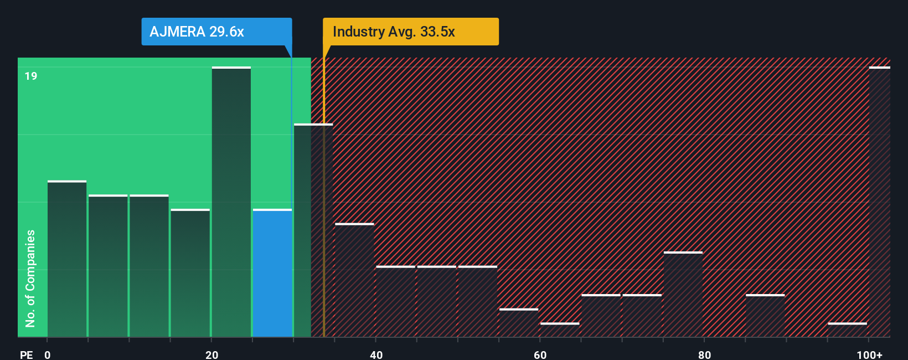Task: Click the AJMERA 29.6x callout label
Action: coord(216,32)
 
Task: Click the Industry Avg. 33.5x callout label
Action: coord(410,32)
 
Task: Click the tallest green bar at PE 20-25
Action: coord(231,202)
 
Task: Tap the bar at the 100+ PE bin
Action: coord(879,202)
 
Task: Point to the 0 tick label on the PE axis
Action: coord(48,354)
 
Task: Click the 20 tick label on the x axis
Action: coord(211,354)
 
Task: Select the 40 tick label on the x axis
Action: coord(376,354)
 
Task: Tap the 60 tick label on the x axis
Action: coord(540,354)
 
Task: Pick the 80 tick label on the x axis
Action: coord(704,354)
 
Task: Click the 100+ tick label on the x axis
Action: coord(869,354)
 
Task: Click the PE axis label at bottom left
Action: coord(26,354)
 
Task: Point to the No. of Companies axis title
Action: coord(30,278)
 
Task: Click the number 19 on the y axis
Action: coord(31,76)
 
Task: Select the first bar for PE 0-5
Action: coord(67,259)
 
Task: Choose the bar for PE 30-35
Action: coord(313,230)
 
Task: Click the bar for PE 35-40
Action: coord(354,280)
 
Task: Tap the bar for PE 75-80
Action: coord(683,294)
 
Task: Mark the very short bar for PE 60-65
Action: coord(560,330)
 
